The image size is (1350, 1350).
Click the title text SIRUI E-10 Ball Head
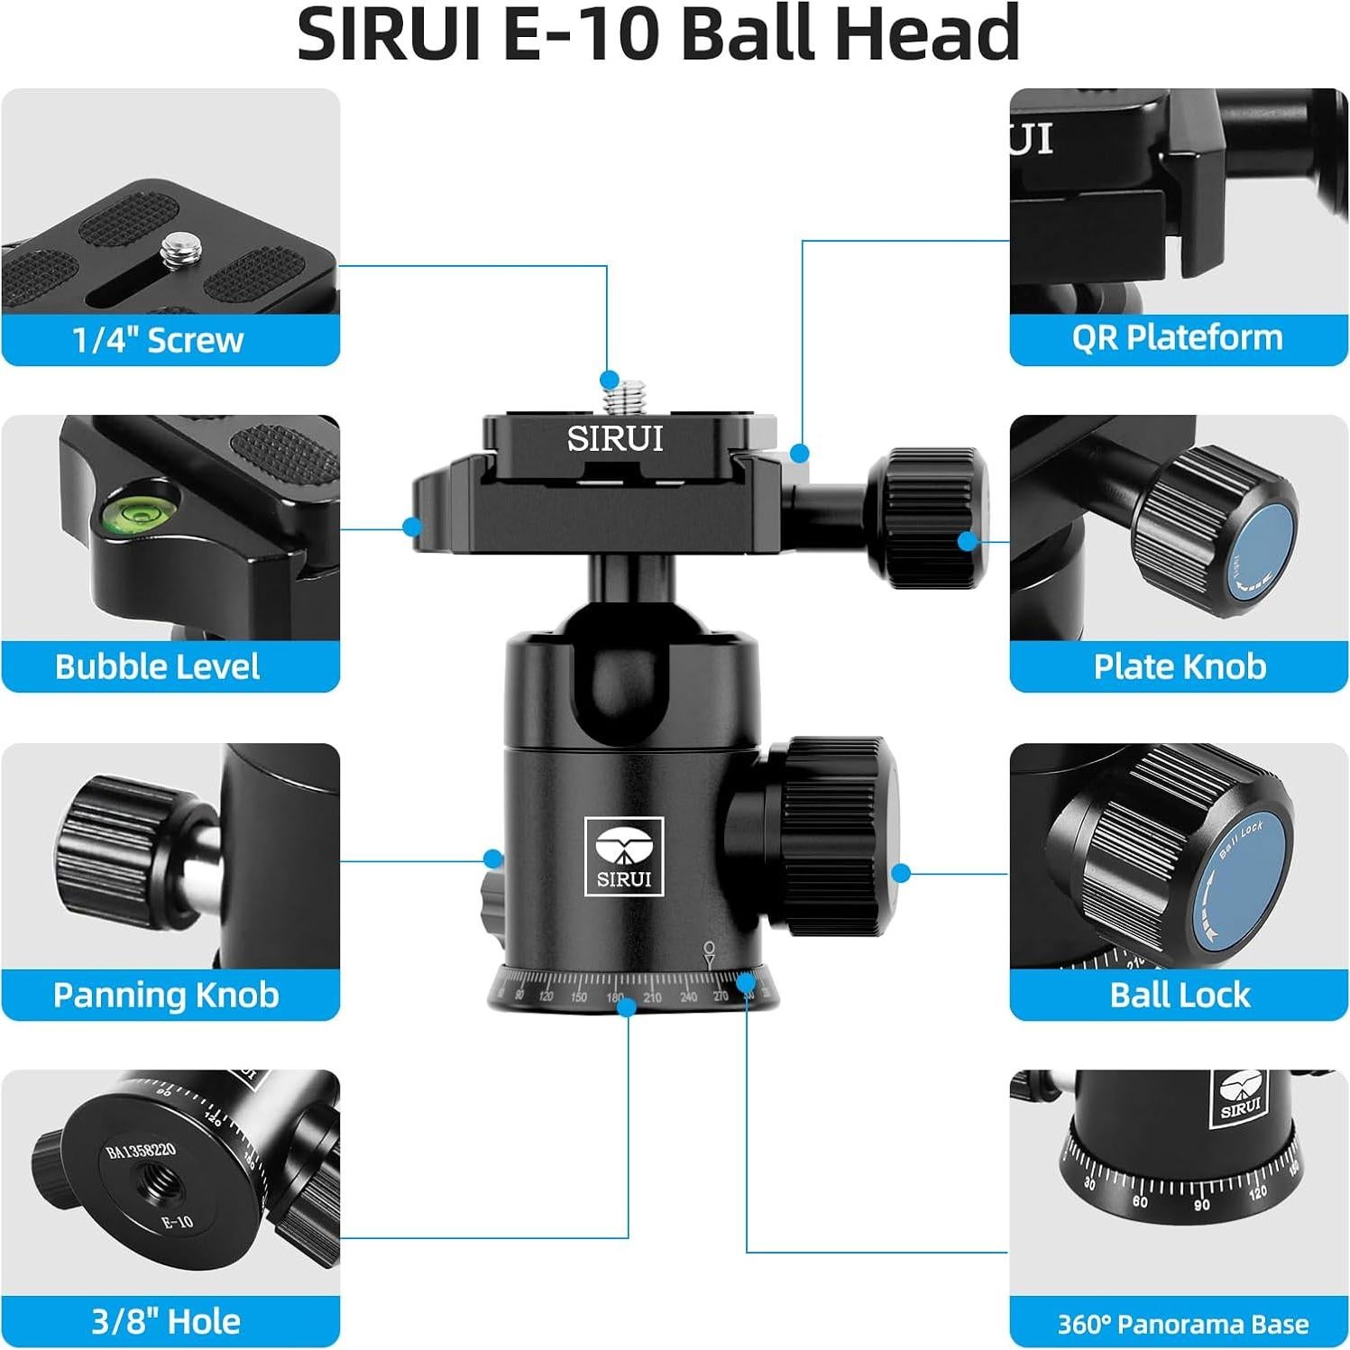658,34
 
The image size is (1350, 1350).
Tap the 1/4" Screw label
158,340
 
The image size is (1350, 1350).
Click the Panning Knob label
166,995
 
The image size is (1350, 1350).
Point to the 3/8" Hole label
166,1321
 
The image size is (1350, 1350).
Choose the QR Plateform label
1177,337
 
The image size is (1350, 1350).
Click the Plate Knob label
1180,666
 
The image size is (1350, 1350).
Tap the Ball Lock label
1180,995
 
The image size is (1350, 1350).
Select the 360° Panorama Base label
1182,1324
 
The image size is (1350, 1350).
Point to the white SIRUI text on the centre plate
615,439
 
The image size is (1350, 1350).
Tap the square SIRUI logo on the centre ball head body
624,856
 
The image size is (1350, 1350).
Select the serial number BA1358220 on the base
141,1152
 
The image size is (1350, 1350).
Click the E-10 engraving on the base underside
177,1222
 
